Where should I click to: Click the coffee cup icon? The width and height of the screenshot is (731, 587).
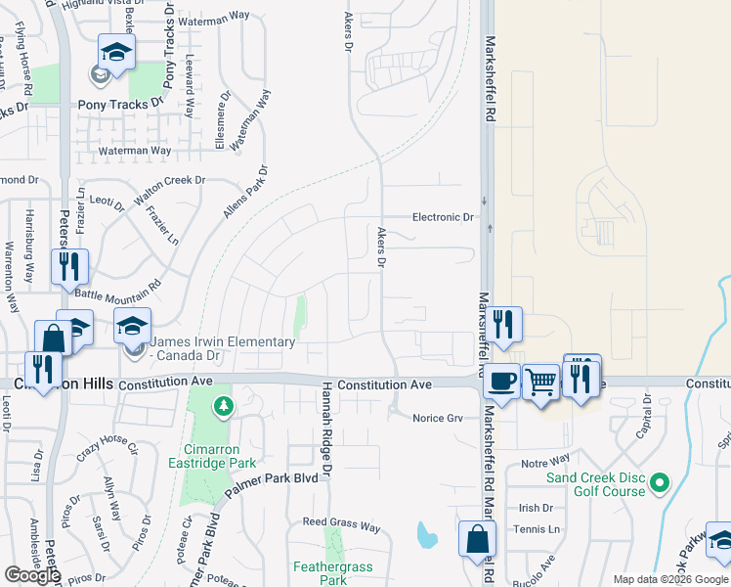502,380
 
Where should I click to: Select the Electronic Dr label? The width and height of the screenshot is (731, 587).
443,217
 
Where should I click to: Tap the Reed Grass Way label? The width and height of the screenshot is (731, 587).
341,526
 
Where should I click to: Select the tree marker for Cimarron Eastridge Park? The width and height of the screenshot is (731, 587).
224,404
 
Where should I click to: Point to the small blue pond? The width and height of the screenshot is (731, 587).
426,535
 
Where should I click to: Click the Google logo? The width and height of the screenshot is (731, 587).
32,575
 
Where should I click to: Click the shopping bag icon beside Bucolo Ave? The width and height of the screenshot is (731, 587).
477,539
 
